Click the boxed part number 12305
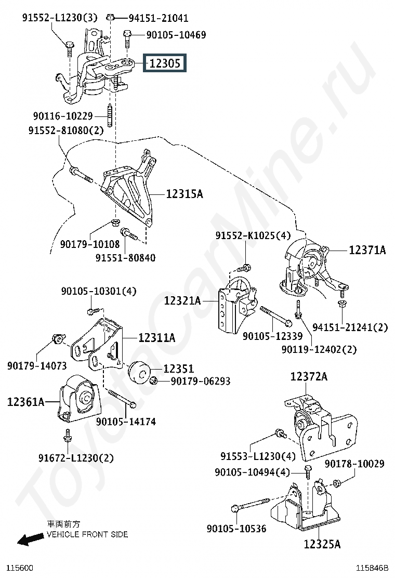point(165,64)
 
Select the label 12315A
point(185,194)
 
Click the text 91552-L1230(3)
point(59,18)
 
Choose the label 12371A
point(367,250)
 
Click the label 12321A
point(182,300)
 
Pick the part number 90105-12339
point(272,336)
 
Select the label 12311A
point(156,338)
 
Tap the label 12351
point(179,369)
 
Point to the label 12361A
point(25,401)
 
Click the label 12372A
point(309,376)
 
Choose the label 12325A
point(322,544)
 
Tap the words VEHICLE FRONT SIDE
point(87,534)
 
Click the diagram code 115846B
point(372,568)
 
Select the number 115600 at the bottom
point(19,568)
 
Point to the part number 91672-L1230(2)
point(75,458)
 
